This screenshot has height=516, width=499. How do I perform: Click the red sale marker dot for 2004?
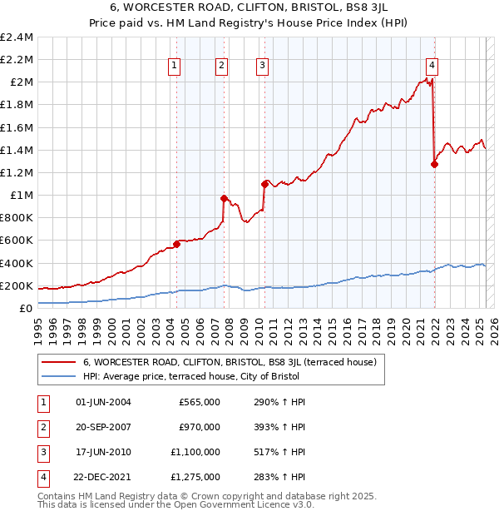tap(176, 244)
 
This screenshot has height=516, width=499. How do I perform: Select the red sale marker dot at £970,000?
tap(224, 198)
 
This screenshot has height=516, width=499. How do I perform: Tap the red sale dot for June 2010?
tap(264, 183)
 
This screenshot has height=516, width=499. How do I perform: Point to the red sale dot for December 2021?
tap(434, 164)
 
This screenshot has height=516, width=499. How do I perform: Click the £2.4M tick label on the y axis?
tap(17, 37)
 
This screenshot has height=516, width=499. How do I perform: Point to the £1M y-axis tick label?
tap(21, 196)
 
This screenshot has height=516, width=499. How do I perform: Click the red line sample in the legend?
tap(59, 362)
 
